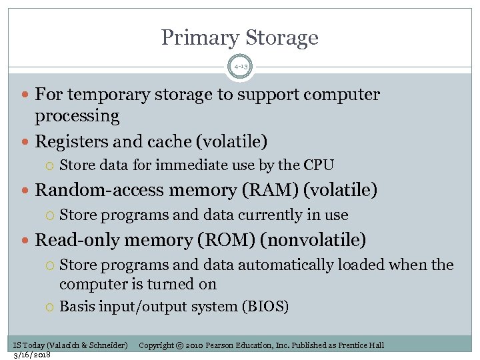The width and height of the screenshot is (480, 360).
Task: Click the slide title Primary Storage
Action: [x=240, y=37]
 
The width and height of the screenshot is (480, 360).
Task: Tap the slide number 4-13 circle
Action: [x=240, y=67]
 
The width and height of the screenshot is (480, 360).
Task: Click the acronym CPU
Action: [x=319, y=165]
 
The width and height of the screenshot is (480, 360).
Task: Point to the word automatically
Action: [x=295, y=265]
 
